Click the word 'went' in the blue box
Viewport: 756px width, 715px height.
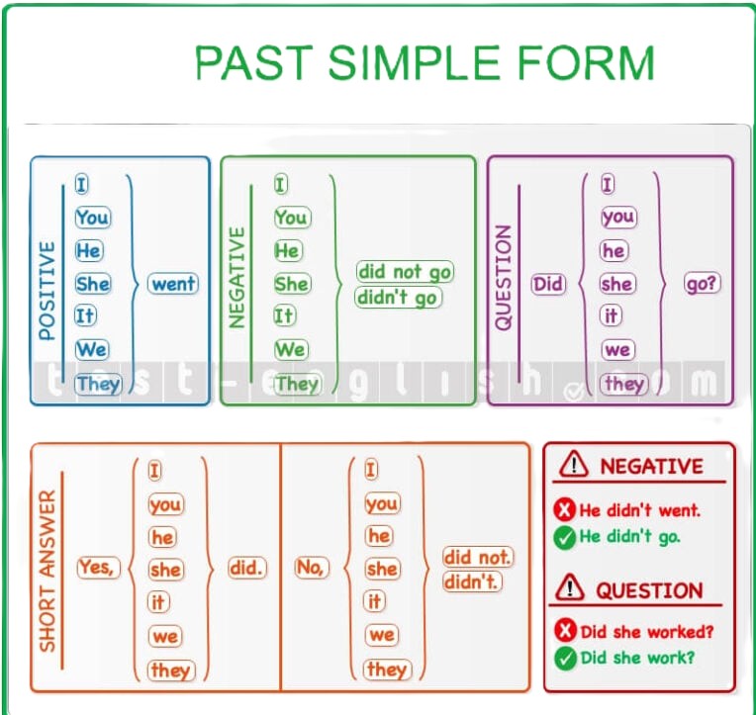click(x=173, y=283)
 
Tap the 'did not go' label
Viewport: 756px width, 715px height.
click(x=405, y=272)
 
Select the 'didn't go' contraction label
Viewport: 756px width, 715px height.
click(x=398, y=298)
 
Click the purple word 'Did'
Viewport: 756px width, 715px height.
click(x=548, y=283)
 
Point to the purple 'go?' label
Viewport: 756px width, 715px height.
click(x=703, y=283)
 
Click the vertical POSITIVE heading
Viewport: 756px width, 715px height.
click(x=47, y=291)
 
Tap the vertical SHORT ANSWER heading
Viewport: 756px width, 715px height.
click(x=47, y=571)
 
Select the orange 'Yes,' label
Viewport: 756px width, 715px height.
click(x=98, y=567)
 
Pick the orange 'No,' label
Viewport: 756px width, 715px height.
click(x=312, y=567)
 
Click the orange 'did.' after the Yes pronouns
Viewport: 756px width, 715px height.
click(x=247, y=568)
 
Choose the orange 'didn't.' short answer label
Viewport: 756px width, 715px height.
click(x=472, y=581)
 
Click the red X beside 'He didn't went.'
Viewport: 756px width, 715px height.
click(x=565, y=509)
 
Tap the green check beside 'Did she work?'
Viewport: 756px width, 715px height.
click(x=565, y=659)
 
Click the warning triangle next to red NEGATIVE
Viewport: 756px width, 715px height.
click(x=573, y=465)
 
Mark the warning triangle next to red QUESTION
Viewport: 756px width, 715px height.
click(x=569, y=587)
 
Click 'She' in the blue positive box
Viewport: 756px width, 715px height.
click(x=93, y=283)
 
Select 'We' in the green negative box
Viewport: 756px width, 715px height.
click(x=290, y=349)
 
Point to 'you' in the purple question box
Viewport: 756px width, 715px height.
click(x=618, y=218)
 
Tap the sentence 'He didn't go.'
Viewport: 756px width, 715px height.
click(x=629, y=536)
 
